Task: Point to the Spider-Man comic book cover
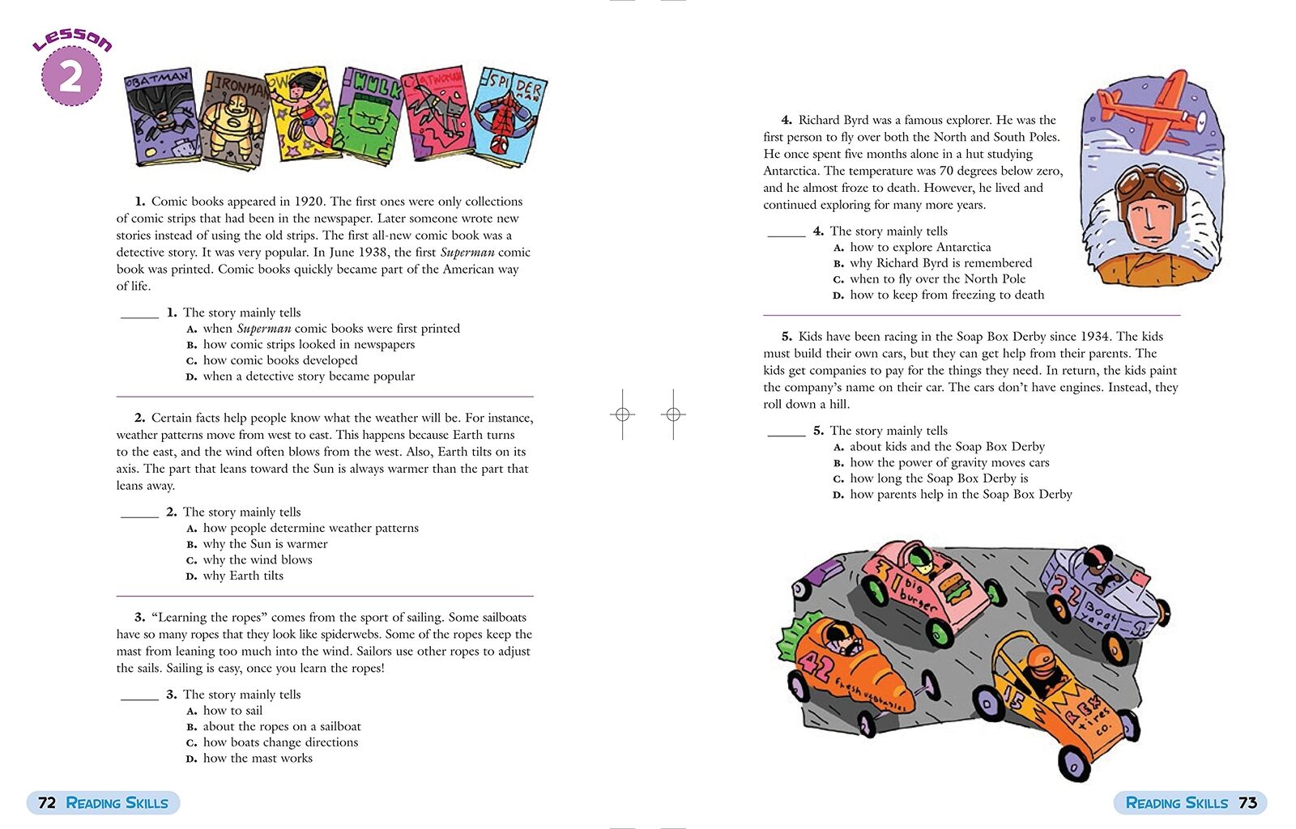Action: point(508,117)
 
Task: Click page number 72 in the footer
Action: point(47,802)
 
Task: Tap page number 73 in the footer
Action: point(1247,802)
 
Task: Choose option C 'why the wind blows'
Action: point(257,559)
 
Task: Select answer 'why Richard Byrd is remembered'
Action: point(940,263)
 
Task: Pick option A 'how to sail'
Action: point(232,711)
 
